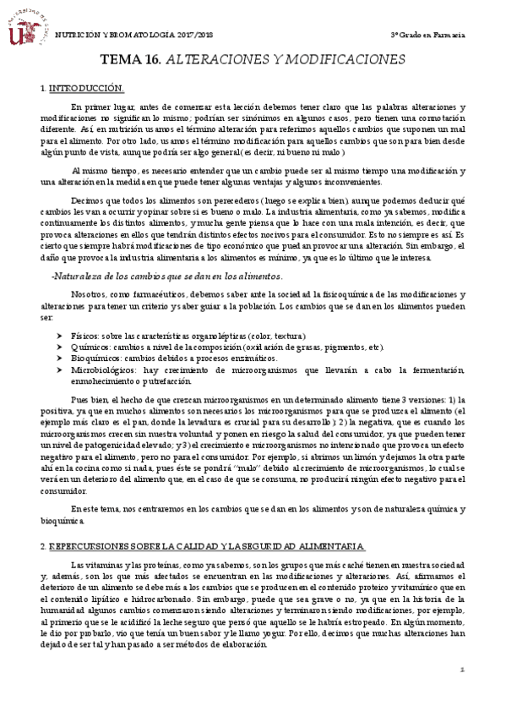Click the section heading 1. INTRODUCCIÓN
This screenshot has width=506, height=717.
coord(83,88)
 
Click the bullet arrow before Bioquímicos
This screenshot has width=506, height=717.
coord(57,358)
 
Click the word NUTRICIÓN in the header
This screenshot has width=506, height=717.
coord(74,34)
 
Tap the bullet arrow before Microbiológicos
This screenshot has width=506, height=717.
coord(57,369)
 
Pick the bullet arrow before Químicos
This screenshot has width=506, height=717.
coord(57,348)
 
